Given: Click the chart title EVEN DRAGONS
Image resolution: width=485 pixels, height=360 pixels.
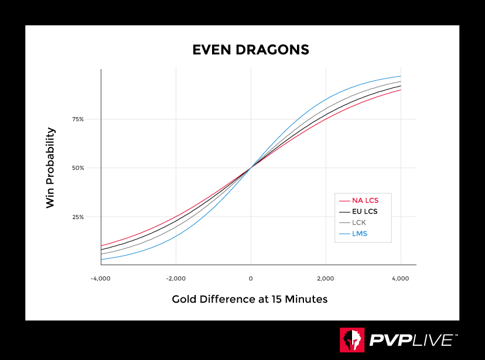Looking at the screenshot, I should (251, 50).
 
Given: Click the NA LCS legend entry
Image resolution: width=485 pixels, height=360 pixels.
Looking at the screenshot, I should (365, 201).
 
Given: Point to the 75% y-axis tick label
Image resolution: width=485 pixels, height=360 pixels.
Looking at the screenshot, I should (78, 119).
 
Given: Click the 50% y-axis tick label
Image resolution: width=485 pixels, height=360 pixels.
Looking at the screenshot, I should (78, 168).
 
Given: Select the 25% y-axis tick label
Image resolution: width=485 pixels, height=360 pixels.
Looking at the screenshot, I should (78, 217).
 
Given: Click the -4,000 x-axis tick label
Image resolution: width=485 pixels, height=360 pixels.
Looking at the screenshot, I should (101, 279).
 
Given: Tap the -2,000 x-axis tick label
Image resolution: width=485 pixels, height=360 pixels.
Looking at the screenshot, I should (176, 279).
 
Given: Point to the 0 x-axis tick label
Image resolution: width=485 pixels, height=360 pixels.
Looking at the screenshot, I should (251, 279).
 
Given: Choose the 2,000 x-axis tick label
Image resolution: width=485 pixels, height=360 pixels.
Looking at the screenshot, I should (326, 279).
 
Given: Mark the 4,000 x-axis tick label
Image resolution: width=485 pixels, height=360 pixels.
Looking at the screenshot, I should (401, 279).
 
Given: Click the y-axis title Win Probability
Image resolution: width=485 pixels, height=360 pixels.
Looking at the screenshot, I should (50, 168).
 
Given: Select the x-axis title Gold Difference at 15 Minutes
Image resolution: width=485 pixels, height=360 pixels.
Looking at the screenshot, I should (250, 299).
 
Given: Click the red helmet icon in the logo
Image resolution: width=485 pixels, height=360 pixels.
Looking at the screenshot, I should (351, 340).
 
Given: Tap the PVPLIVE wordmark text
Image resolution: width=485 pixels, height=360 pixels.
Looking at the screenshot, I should (412, 340).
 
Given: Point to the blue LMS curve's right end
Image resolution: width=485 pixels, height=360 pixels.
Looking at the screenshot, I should (401, 76).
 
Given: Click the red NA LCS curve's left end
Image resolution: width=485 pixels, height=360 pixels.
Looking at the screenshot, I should (101, 245).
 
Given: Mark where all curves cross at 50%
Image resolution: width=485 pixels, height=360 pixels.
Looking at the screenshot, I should (251, 168).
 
